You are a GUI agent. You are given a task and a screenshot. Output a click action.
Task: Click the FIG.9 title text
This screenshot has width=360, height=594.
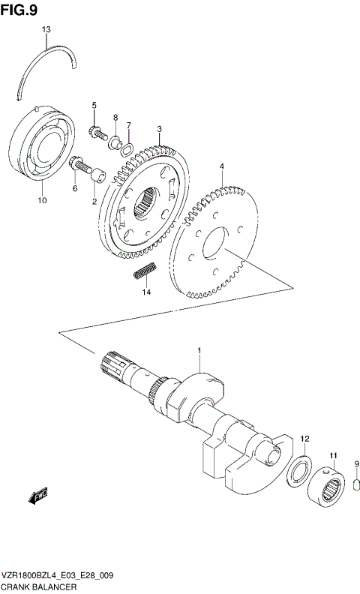point(19,8)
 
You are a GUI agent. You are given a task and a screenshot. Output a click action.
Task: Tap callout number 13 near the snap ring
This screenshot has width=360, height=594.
point(46,29)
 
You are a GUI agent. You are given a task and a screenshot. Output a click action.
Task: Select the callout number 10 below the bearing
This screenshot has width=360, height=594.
point(42,201)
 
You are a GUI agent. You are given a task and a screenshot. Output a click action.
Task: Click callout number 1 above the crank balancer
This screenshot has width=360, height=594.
point(199,350)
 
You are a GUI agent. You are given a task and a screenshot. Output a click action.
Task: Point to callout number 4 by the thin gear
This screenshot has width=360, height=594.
point(221,166)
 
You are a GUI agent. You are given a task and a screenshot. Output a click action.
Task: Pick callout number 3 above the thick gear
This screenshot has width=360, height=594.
point(160,129)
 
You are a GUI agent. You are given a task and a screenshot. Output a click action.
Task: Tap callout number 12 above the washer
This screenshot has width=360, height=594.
point(304,438)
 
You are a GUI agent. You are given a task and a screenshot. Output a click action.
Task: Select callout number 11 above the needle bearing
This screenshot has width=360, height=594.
point(333,455)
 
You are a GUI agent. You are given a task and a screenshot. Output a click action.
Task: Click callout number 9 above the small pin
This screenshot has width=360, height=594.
point(357,463)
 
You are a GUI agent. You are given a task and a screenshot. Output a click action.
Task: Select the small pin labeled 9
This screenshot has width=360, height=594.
point(357,487)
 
